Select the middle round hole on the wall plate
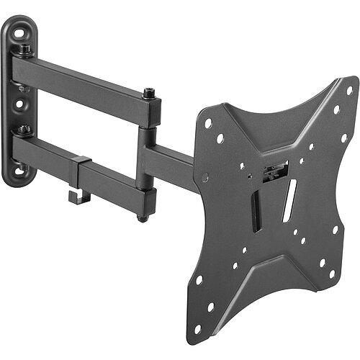tap(19, 102)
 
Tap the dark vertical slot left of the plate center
tap(254, 209)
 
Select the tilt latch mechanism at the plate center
tap(274, 173)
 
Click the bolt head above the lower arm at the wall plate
tap(24, 130)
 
